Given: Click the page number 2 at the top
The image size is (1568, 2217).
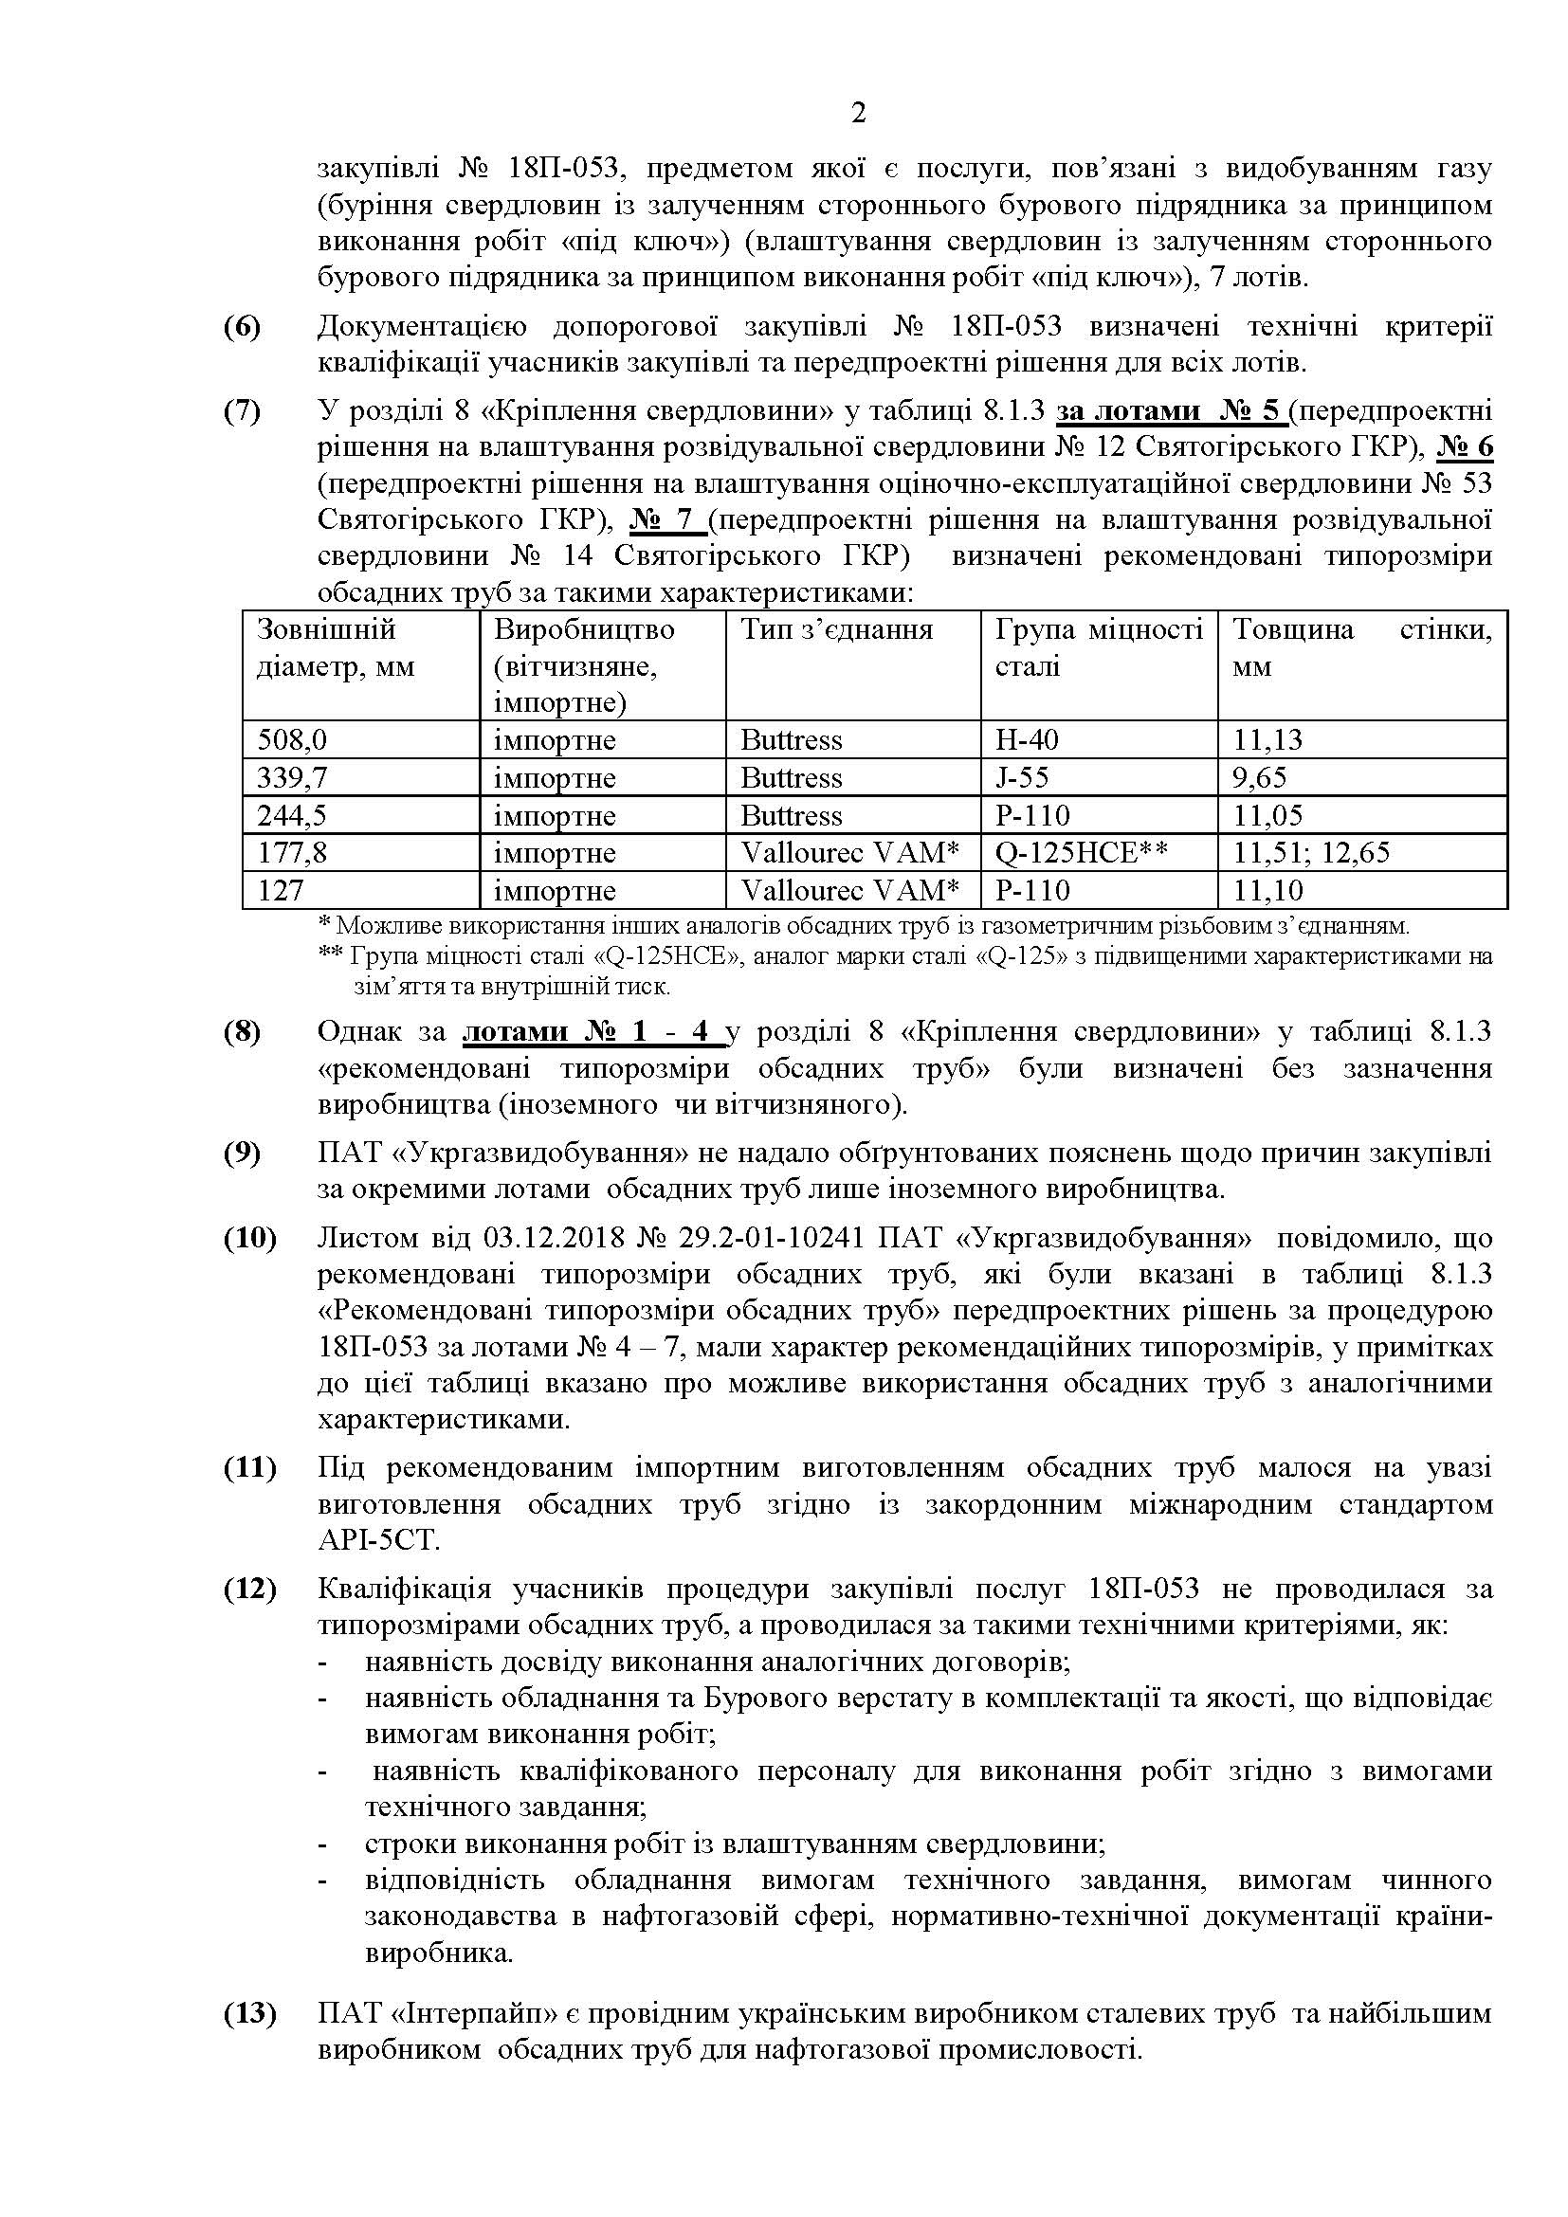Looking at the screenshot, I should [x=858, y=114].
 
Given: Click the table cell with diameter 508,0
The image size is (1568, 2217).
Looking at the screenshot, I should [x=292, y=739].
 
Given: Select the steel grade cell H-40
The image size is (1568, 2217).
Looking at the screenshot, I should [x=1027, y=739].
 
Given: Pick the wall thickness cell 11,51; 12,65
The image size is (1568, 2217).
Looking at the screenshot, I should [x=1311, y=853].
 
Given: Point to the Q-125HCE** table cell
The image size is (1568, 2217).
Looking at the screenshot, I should [x=1082, y=853].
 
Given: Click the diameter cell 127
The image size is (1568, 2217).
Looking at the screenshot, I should [x=280, y=890].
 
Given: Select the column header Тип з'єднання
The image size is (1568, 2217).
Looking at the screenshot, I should [x=836, y=630].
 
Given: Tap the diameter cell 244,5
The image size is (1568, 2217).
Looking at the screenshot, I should [x=292, y=815].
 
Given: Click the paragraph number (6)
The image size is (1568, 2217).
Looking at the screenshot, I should [x=243, y=327].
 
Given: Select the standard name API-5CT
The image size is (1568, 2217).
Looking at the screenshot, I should [x=377, y=1540].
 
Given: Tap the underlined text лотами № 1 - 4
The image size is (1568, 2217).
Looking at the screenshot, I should [x=591, y=1032].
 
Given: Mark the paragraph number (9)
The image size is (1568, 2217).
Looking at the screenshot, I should [x=243, y=1153].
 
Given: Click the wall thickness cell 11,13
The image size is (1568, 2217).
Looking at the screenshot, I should [x=1267, y=739].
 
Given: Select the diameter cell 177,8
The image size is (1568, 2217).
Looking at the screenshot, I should [x=292, y=853].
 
